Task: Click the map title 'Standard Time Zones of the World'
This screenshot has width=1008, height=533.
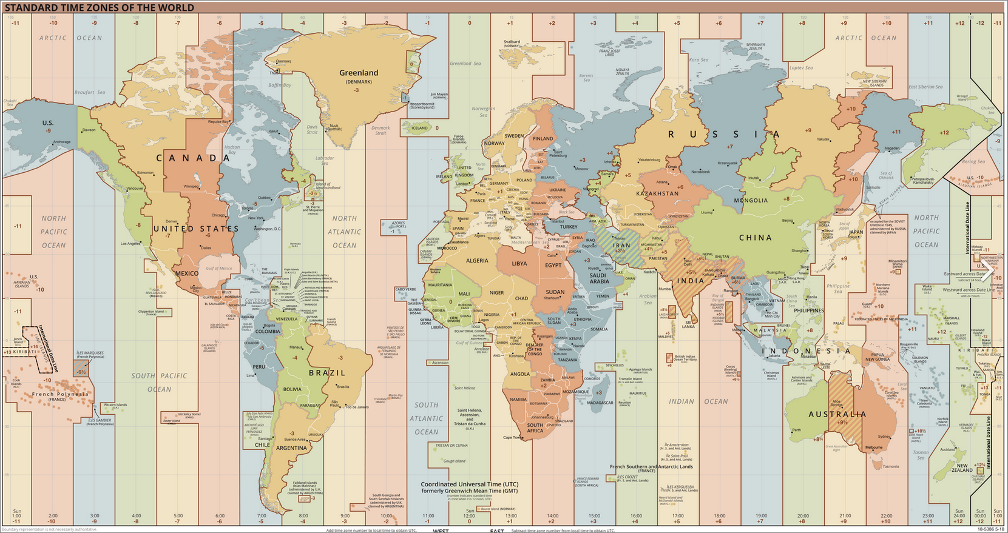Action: (x=100, y=8)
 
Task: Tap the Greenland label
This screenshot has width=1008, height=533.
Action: (x=359, y=73)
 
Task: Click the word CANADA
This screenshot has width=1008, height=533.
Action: (x=193, y=158)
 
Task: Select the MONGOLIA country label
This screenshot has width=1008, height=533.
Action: (x=751, y=200)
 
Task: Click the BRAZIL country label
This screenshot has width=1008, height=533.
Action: (x=326, y=373)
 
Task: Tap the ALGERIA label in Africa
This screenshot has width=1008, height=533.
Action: (x=476, y=261)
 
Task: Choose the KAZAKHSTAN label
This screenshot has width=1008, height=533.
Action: (x=657, y=193)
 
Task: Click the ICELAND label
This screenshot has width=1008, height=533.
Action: (x=420, y=128)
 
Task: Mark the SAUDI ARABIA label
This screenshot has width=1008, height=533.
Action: (x=598, y=278)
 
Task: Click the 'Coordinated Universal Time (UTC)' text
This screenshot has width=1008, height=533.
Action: (x=470, y=484)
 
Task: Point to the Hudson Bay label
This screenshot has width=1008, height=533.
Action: (x=232, y=149)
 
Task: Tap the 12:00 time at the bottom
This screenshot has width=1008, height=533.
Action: (x=470, y=515)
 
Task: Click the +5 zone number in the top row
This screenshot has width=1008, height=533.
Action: (x=677, y=23)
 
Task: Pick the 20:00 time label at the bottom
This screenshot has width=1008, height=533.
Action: (x=802, y=515)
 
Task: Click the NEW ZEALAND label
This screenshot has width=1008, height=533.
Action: (x=962, y=468)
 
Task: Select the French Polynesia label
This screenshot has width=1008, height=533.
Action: (x=59, y=395)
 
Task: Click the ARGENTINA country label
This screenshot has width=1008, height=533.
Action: (x=291, y=448)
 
